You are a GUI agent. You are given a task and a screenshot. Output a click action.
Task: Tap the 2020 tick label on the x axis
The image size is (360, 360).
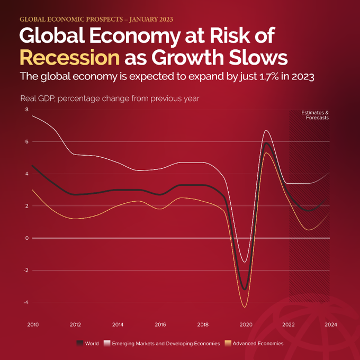(x=245, y=324)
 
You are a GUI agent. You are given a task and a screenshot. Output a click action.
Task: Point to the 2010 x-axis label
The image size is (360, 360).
(x=32, y=324)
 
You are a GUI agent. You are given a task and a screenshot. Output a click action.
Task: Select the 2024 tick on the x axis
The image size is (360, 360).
(x=330, y=324)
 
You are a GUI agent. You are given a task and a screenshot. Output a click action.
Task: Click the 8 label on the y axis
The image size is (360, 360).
(x=26, y=110)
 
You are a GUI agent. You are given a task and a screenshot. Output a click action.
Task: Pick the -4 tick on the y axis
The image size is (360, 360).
(x=25, y=302)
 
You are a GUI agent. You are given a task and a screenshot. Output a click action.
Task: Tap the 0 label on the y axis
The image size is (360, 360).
(x=26, y=238)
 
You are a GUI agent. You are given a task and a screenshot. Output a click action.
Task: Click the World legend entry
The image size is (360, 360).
(x=88, y=343)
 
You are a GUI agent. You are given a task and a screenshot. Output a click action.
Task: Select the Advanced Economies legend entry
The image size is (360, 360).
(x=256, y=343)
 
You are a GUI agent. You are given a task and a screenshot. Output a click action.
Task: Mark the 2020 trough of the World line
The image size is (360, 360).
(x=245, y=289)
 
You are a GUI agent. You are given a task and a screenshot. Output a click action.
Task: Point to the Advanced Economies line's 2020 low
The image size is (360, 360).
(x=245, y=307)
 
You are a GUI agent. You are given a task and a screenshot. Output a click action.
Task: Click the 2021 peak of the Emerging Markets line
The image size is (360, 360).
(x=266, y=130)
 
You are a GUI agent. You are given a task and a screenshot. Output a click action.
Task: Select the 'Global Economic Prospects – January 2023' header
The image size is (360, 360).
(x=96, y=19)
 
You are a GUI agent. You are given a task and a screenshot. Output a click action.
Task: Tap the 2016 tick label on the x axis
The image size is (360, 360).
(x=160, y=324)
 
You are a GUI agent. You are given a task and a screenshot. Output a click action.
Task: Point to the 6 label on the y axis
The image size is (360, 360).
(x=26, y=142)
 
